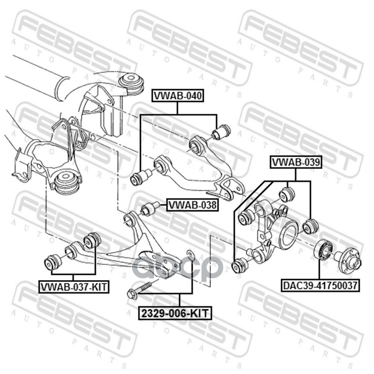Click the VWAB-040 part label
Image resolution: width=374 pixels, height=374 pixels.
(x=178, y=96)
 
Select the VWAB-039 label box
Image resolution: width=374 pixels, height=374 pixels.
(x=296, y=162)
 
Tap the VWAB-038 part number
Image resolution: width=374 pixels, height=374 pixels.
(x=193, y=205)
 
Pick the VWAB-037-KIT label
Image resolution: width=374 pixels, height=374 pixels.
(x=74, y=287)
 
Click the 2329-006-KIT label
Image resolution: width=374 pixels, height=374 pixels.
(x=175, y=313)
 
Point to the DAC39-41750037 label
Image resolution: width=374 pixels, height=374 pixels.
(x=321, y=286)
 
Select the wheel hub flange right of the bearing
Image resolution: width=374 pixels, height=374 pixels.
(x=349, y=260)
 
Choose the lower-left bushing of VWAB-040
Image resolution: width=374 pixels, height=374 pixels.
(x=141, y=177)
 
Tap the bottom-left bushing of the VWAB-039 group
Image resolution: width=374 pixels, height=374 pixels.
(x=240, y=266)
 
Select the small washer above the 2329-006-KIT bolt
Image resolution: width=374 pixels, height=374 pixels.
(x=190, y=255)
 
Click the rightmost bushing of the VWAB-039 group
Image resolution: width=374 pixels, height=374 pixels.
(x=310, y=226)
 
